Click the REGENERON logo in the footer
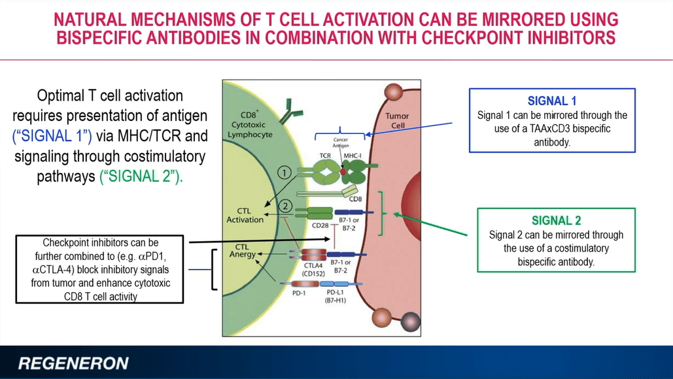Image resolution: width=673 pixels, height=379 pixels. pos(73,363)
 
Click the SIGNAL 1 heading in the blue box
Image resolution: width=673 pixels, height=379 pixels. pos(552,101)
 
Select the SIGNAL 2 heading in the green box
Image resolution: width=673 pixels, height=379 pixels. pos(556,220)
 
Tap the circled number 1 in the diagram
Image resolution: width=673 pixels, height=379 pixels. pos(284,173)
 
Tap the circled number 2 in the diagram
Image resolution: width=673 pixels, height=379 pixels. pos(285,206)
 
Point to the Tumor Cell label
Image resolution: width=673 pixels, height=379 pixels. pos(397,120)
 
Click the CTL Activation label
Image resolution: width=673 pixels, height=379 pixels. pos(245,215)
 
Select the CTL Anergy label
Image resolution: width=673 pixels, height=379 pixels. pos(242,251)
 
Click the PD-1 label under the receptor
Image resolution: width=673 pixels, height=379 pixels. pos(298,293)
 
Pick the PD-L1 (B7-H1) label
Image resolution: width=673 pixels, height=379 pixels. pos(336,296)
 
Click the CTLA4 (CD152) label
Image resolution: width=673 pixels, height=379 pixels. pos(313,269)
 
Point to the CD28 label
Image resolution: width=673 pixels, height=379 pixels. pos(320,225)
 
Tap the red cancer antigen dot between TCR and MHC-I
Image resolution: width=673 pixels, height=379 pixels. pos(343,172)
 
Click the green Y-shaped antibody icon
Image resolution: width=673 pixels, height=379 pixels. pos(290,111)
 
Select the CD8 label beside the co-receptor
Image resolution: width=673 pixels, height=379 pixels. pos(355,199)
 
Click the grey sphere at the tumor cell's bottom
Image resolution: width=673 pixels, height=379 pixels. pos(410,321)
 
